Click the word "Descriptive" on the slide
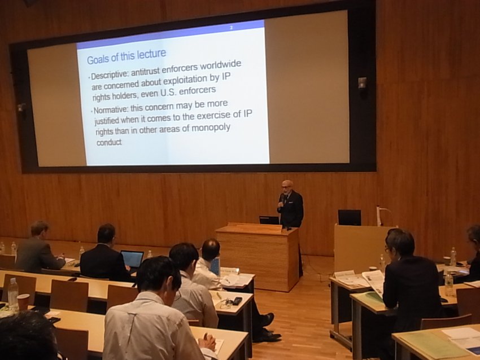pyautogui.click(x=110, y=74)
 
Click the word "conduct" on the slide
pyautogui.click(x=109, y=142)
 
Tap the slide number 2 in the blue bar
pyautogui.click(x=232, y=28)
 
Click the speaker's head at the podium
pyautogui.click(x=287, y=187)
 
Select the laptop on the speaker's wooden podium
pyautogui.click(x=269, y=220)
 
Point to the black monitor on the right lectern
pyautogui.click(x=350, y=217)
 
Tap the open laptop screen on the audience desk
pyautogui.click(x=132, y=259)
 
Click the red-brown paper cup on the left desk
pyautogui.click(x=23, y=302)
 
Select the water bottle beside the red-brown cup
pyautogui.click(x=12, y=293)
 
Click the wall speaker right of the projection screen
pyautogui.click(x=363, y=83)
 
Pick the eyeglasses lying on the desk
pyautogui.click(x=225, y=304)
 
